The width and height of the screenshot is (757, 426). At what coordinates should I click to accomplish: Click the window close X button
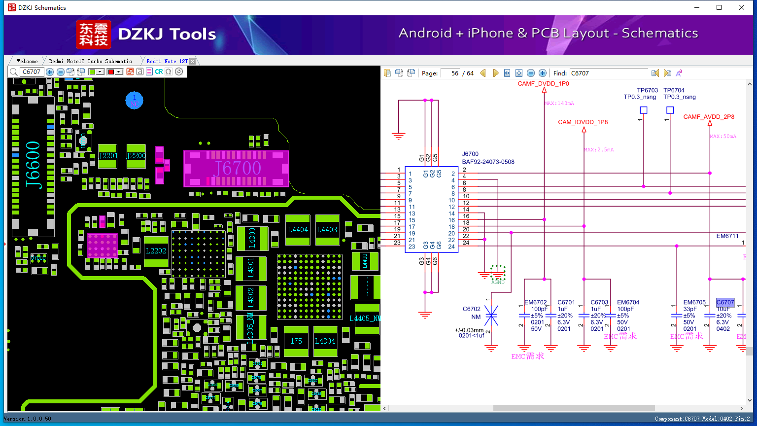(x=741, y=7)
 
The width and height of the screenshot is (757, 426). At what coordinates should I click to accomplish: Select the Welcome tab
(x=27, y=61)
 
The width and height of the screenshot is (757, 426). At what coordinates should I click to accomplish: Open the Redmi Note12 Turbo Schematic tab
(x=90, y=61)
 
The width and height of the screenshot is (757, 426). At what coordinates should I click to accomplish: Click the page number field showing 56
(x=450, y=73)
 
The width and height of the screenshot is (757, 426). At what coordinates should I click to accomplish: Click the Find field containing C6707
(x=609, y=73)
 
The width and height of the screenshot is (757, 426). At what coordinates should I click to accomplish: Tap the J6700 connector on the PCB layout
(x=236, y=169)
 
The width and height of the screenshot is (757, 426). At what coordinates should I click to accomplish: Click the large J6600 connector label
(x=33, y=164)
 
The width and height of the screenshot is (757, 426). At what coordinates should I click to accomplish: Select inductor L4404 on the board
(x=298, y=230)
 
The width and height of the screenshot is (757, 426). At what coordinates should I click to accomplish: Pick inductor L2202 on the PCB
(x=156, y=251)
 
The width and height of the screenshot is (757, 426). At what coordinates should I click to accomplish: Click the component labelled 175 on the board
(x=296, y=341)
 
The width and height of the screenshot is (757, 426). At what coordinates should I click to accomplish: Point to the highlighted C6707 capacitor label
(x=725, y=302)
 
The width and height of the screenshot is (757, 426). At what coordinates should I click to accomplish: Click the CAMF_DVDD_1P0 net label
(x=543, y=84)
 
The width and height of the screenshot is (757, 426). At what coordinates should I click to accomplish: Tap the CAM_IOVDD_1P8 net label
(x=583, y=122)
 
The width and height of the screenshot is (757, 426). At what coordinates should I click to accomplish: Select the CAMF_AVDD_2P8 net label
(x=709, y=117)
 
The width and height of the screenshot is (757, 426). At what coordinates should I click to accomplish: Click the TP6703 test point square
(x=643, y=110)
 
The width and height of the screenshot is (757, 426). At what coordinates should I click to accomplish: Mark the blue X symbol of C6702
(x=491, y=316)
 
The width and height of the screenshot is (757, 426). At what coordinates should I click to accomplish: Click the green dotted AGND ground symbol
(x=498, y=273)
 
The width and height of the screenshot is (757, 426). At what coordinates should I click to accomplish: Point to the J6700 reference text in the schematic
(x=470, y=154)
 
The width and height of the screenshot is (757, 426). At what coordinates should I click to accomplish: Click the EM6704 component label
(x=628, y=302)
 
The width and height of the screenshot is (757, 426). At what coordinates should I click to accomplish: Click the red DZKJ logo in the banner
(x=94, y=35)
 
